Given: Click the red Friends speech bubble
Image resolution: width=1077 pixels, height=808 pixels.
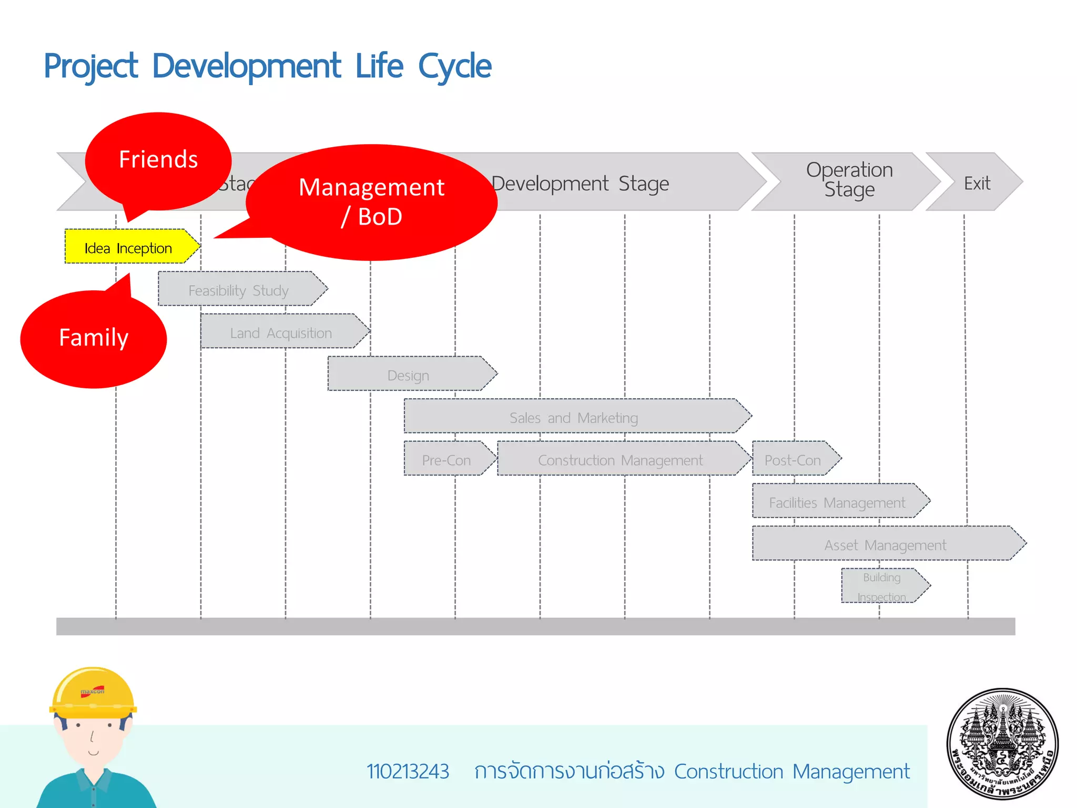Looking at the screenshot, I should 158,160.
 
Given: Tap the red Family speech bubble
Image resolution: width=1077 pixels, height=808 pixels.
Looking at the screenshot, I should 94,338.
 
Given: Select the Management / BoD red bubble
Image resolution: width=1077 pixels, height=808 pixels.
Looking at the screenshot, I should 371,202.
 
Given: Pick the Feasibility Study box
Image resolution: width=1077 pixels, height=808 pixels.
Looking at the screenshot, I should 239,290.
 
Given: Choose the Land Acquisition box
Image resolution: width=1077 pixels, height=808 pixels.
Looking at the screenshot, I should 281,332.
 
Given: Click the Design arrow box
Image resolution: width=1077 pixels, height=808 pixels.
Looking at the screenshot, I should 409,375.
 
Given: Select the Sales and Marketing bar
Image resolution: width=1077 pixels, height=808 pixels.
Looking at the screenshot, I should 574,417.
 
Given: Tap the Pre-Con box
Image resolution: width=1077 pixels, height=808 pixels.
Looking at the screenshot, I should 446,459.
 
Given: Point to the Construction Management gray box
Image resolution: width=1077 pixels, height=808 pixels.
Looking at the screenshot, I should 621,459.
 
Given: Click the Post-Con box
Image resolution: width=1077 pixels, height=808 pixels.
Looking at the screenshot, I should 792,459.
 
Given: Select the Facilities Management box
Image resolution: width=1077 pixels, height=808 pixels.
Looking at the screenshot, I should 837,502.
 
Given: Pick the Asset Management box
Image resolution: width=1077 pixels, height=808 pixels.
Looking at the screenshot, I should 885,544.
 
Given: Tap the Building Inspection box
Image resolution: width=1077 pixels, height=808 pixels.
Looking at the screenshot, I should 882,586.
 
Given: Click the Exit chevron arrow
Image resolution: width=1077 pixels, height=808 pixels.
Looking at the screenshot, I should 977,183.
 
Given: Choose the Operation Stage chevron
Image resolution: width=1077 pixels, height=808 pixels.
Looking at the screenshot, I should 849,180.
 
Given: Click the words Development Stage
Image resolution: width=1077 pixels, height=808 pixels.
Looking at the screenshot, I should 580,184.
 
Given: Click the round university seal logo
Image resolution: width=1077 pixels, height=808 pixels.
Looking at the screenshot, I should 1002,744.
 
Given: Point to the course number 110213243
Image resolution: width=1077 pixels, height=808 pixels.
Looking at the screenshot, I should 408,771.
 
